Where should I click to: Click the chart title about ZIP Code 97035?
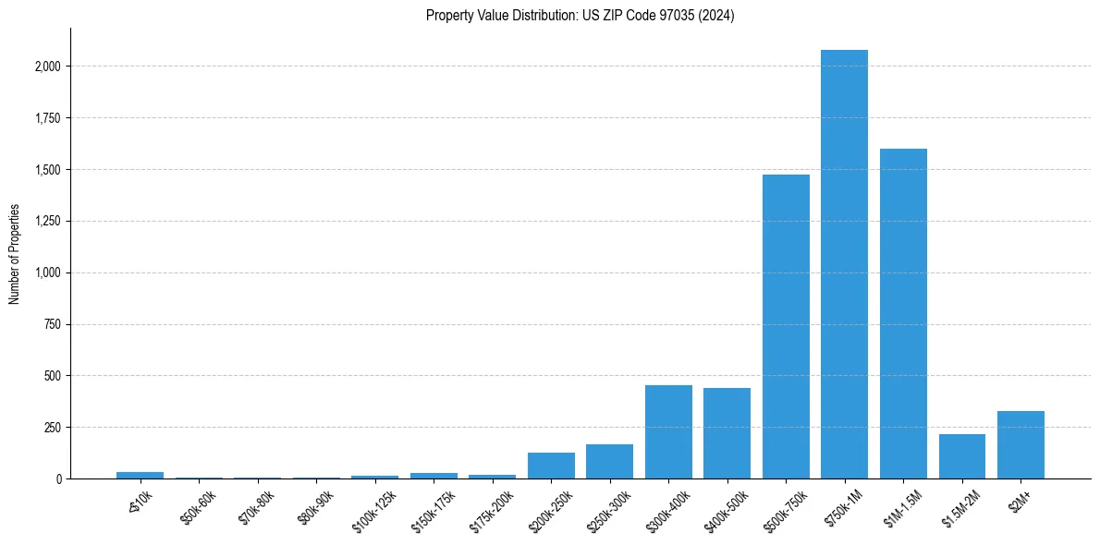[580, 16]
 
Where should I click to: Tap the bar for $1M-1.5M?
[903, 314]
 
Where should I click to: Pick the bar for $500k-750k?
[786, 327]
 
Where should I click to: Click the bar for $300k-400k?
[668, 432]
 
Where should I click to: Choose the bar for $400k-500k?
[727, 433]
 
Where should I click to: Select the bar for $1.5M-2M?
[962, 456]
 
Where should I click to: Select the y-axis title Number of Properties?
[15, 254]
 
